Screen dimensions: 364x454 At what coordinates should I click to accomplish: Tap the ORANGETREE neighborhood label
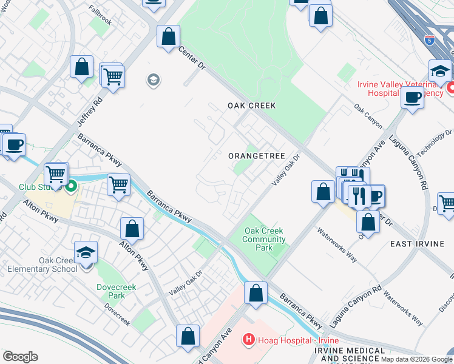point(257,156)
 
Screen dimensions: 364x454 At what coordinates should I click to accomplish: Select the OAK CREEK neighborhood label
point(252,106)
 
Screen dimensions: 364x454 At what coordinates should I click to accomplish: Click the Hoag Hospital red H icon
point(248,340)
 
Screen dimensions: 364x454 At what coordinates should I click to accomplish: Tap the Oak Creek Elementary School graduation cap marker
point(86,252)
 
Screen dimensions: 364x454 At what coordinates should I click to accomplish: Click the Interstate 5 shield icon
point(430,40)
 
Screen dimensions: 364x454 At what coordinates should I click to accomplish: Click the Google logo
point(20,357)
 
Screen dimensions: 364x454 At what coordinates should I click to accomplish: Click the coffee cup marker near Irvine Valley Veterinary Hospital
point(412,97)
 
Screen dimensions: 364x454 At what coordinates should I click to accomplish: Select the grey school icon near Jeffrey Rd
point(153,80)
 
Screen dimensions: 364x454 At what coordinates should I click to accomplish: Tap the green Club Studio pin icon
point(72,187)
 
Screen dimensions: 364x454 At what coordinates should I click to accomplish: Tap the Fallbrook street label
point(100,20)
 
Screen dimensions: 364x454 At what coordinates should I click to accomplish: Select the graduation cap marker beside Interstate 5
point(440,71)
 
